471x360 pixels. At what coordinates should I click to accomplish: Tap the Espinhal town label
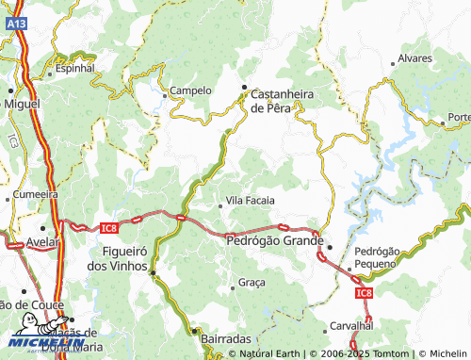[x=75, y=69]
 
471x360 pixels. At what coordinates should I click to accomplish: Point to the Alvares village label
[x=415, y=58]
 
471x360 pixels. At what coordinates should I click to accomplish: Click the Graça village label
[x=252, y=283]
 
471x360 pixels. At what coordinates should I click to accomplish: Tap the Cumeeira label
[x=36, y=194]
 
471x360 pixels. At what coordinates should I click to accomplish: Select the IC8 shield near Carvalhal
[x=365, y=294]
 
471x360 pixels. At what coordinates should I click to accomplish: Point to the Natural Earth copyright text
[x=268, y=354]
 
